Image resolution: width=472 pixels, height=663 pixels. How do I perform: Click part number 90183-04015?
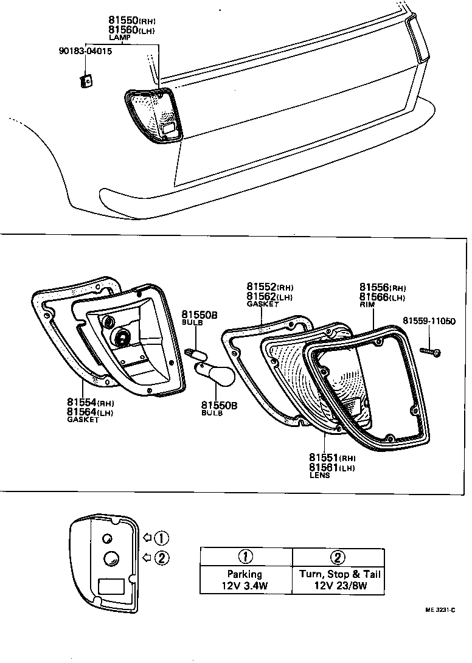tap(85, 51)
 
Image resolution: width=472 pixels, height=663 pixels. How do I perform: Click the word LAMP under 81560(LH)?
tap(119, 38)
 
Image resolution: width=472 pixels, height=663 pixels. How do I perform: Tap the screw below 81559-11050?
tap(431, 352)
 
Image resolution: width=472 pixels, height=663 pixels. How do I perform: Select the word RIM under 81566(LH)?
tap(368, 305)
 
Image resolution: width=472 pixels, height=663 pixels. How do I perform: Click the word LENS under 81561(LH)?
tap(319, 475)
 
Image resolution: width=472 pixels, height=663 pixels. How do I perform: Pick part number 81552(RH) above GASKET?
tap(270, 286)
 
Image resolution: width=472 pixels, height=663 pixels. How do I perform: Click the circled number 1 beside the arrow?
tap(161, 538)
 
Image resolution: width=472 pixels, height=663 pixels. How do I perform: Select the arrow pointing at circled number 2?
tap(147, 557)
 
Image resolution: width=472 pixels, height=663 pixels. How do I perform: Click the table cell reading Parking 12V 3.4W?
tap(245, 580)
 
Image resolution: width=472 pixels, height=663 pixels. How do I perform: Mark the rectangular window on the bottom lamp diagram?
tap(111, 586)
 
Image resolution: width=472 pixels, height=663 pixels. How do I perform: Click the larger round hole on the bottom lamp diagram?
tap(111, 558)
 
